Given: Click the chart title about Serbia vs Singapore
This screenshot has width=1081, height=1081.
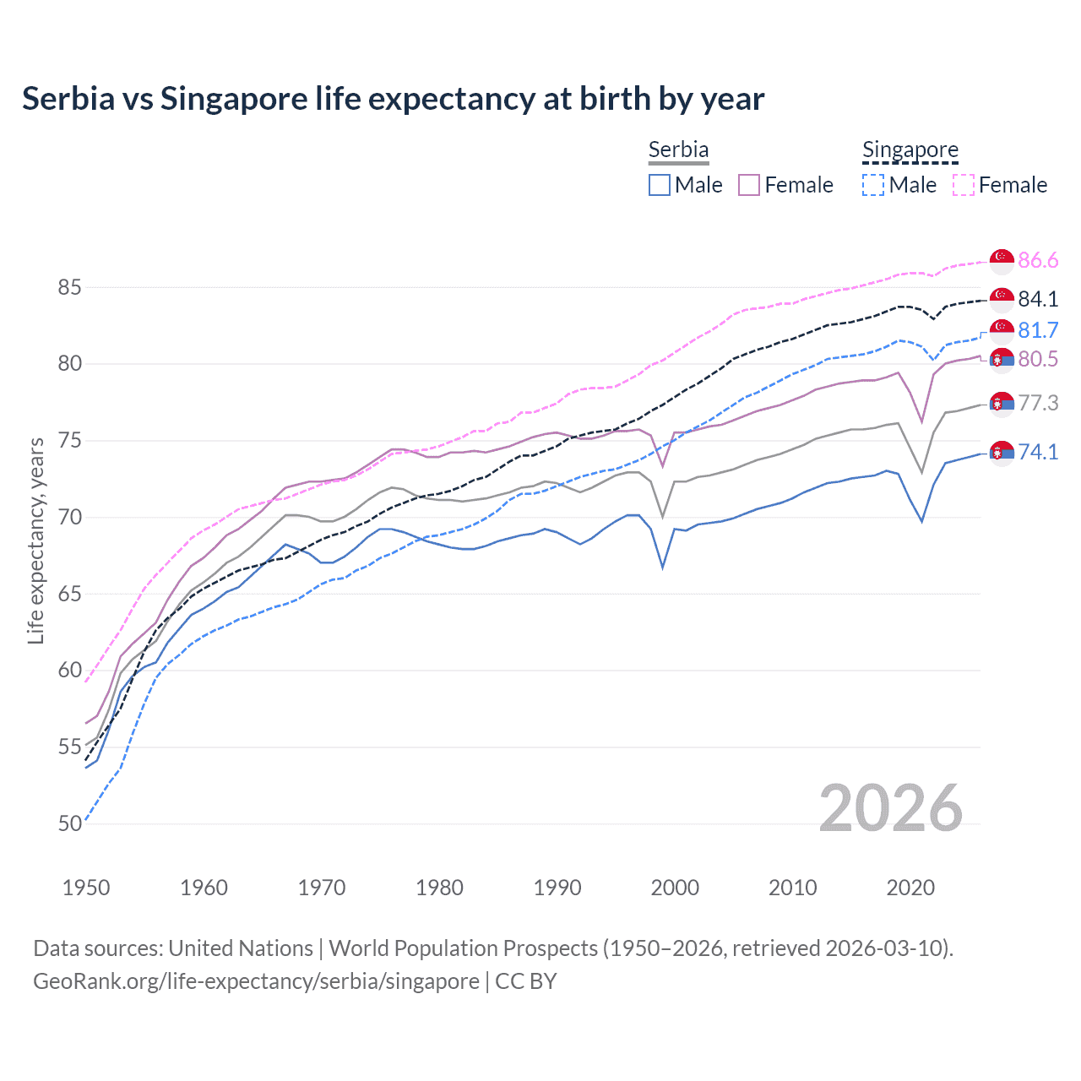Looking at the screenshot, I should point(393,99).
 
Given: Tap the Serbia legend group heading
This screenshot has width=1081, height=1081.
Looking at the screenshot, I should point(678,149).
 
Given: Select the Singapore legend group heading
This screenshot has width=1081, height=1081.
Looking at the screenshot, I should point(910,149).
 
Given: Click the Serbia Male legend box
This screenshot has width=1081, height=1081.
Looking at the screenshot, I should point(660,185).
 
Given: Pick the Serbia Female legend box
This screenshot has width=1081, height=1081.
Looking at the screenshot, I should point(749,185).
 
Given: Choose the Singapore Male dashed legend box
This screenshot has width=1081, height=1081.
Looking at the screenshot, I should point(873,185).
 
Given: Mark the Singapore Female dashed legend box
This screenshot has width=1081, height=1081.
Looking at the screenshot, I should point(963,185).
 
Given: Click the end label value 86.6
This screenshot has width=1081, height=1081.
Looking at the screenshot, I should point(1038,260).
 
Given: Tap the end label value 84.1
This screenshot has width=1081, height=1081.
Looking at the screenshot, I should point(1038,299).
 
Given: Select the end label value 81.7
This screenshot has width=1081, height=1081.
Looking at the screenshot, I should point(1038,330).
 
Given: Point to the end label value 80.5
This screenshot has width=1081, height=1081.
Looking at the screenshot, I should point(1038,360).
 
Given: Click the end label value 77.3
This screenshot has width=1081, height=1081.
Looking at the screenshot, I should point(1038,403).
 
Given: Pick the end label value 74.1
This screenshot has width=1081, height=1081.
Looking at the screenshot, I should point(1038,452).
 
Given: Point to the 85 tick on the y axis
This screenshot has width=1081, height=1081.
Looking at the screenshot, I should point(69,287).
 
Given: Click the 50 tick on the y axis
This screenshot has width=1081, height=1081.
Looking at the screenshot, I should point(69,823).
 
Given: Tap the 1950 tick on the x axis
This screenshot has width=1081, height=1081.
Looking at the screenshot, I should point(86,888).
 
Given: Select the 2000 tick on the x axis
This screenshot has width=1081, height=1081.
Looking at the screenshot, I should point(675,888).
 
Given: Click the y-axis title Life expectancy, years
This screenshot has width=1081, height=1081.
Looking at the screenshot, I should point(35,540).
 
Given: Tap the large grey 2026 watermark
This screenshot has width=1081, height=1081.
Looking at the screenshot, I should point(891,808).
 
